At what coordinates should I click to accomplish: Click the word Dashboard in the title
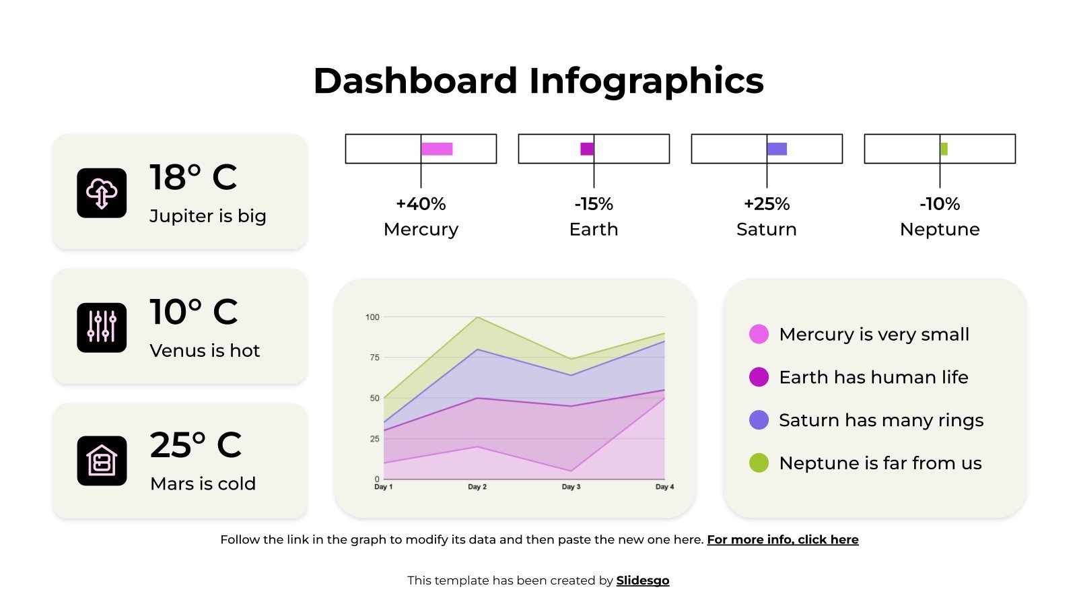point(415,81)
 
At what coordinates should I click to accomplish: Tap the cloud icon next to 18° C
point(102,193)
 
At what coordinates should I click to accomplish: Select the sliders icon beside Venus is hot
point(102,327)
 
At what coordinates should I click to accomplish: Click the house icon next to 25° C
point(102,461)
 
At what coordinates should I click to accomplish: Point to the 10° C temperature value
point(193,312)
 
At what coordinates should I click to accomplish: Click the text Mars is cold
point(203,483)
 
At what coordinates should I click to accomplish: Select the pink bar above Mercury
point(437,149)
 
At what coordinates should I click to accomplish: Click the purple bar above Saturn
point(777,149)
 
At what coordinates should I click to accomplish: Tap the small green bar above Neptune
point(944,149)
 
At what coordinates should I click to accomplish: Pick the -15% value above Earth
point(594,204)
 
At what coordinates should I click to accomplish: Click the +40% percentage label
point(421,204)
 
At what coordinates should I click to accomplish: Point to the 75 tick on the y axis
point(375,358)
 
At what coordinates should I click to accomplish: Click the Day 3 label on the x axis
point(571,487)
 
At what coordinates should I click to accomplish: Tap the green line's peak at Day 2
point(477,317)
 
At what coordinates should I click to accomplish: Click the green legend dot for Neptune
point(759,463)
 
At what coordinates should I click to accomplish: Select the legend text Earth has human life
point(873,377)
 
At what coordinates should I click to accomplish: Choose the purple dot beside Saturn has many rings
point(759,420)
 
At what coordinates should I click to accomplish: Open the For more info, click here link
point(782,539)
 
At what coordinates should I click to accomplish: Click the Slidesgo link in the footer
point(642,580)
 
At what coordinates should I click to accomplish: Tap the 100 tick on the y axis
point(373,317)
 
